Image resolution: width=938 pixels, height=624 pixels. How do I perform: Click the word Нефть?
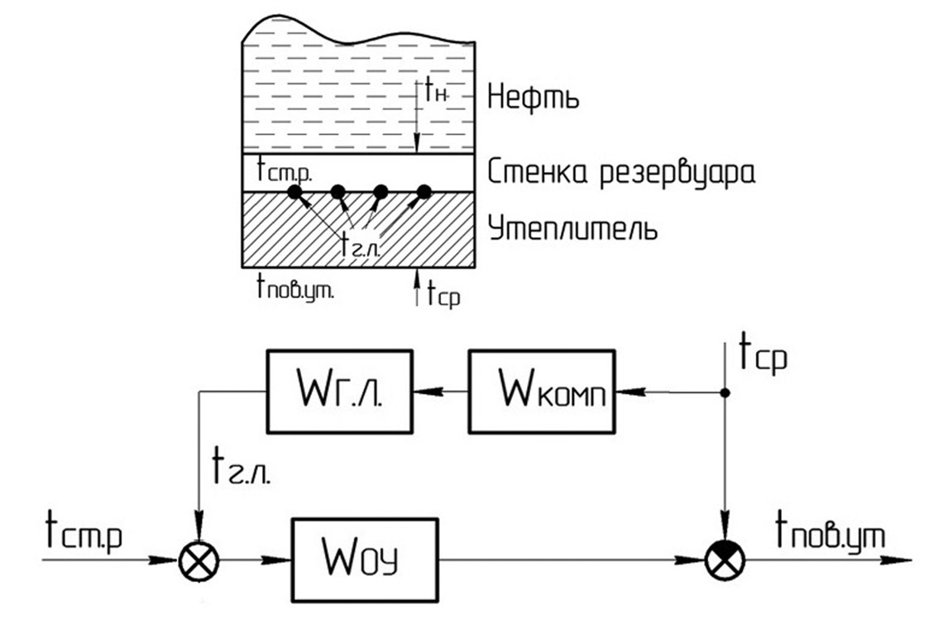532,97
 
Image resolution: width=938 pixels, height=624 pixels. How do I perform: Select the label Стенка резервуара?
621,174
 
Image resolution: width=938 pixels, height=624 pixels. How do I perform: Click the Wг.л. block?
339,391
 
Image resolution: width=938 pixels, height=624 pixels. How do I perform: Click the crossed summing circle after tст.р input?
199,560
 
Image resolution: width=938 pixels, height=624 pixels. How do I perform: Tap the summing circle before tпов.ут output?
725,560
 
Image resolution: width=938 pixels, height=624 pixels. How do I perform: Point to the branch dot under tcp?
725,394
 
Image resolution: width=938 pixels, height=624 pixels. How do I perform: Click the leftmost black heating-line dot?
294,193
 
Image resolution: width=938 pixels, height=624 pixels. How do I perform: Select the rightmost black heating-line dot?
424,192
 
